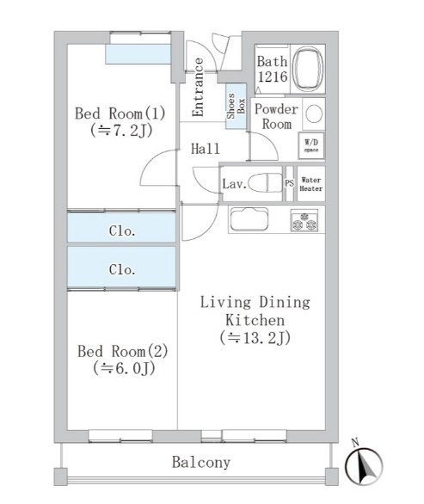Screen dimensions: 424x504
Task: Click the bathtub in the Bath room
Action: point(309,69)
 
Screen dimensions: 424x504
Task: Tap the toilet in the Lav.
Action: point(266,183)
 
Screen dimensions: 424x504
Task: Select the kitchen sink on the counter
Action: point(249,219)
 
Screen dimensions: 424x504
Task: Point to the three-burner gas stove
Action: point(304,220)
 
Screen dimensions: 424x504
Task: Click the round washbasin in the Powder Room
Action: point(314,114)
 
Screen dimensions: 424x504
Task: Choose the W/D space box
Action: point(311,145)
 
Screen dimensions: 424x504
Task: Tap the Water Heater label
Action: point(310,184)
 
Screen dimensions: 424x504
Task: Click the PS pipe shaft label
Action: point(289,183)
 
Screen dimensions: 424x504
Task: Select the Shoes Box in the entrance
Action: point(236,106)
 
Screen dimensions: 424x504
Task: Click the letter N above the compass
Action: point(355,443)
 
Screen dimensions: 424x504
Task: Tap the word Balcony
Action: point(201,462)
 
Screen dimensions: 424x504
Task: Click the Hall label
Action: point(205,149)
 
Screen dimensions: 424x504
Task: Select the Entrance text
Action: point(198,87)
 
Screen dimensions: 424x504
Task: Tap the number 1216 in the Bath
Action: point(273,77)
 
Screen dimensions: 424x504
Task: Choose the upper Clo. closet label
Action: point(122,230)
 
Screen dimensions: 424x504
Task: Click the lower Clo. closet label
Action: point(122,269)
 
